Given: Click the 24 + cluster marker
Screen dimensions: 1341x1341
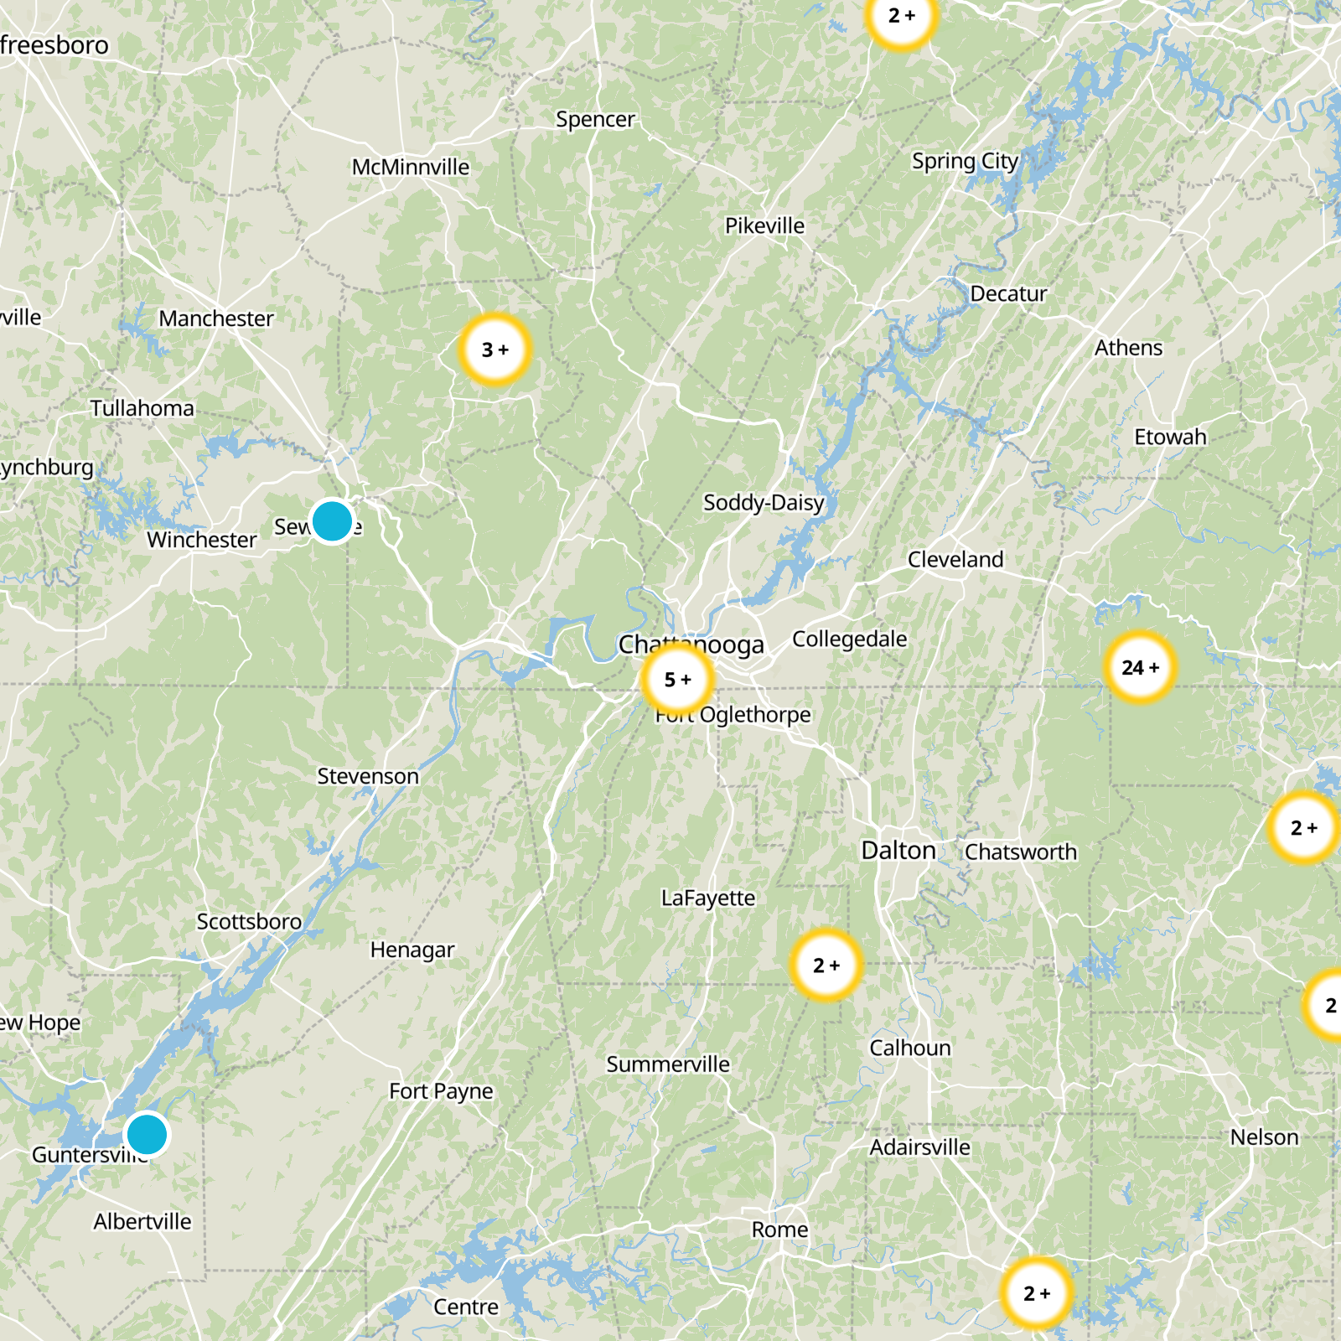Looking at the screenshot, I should (x=1140, y=667).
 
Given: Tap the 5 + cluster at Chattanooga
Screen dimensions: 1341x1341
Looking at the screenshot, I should (x=677, y=680).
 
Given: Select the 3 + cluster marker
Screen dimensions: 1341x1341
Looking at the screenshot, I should (x=495, y=349).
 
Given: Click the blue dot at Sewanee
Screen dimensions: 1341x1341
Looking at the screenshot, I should (x=332, y=521).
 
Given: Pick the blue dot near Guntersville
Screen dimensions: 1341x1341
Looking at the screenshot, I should (x=147, y=1135).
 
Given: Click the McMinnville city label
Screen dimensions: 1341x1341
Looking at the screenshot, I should (x=411, y=167).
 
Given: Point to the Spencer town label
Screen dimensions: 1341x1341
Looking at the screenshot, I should (x=595, y=119).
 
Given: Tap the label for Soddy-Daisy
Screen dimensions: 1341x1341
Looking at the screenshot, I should (x=764, y=502).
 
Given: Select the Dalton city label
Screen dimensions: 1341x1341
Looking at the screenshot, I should (x=898, y=851).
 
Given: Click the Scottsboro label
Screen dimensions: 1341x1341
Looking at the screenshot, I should (x=249, y=921).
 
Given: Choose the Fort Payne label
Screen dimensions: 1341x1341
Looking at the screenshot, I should (x=441, y=1091).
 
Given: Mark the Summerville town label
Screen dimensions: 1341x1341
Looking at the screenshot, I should (x=668, y=1064).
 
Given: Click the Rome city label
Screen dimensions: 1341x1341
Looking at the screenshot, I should (x=779, y=1230).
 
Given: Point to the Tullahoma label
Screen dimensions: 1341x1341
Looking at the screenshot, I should (x=142, y=408).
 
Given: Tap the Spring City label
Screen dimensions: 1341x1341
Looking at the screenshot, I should (x=965, y=161).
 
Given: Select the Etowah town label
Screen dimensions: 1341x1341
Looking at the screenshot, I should (x=1170, y=437).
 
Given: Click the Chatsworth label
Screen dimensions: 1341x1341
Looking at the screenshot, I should (x=1021, y=852).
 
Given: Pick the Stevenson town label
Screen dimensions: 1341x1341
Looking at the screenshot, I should (x=368, y=776).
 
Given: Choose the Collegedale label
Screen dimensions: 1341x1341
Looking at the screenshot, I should (x=849, y=639).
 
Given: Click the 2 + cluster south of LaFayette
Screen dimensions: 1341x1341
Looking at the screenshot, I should (x=826, y=966).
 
